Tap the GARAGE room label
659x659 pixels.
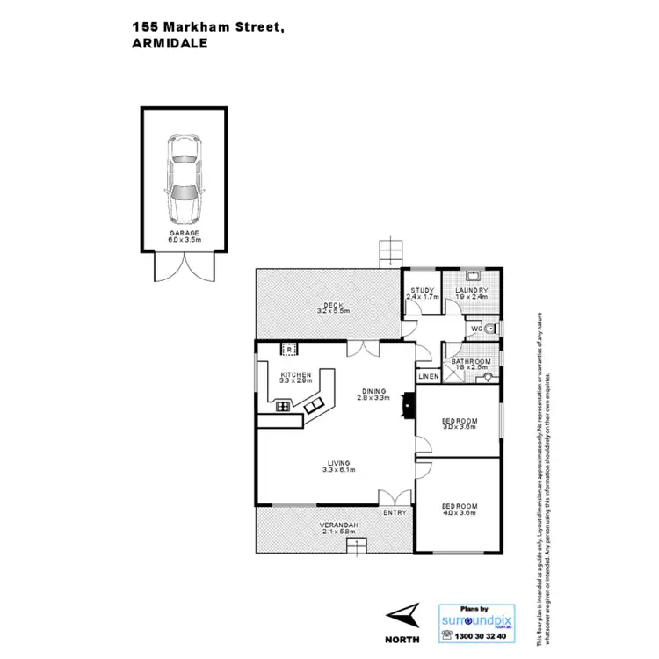[x=185, y=234]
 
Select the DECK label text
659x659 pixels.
[x=333, y=306]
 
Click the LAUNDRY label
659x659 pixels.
[x=471, y=290]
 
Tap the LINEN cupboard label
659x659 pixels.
[x=428, y=377]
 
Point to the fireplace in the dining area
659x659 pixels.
[x=405, y=403]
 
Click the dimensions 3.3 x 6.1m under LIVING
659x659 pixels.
[x=338, y=470]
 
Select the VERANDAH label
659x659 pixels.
[x=337, y=525]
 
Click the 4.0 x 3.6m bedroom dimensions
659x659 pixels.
[x=459, y=513]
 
